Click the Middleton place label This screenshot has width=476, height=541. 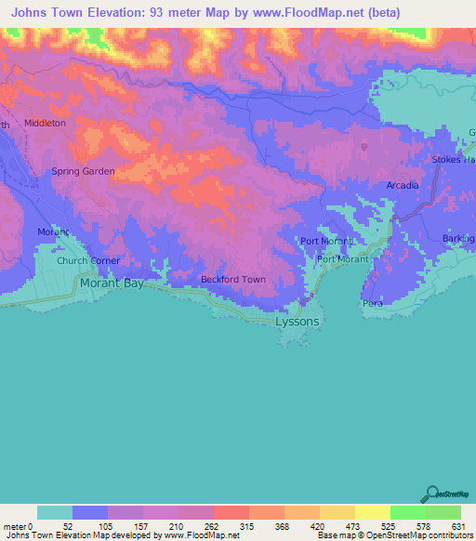pyautogui.click(x=45, y=123)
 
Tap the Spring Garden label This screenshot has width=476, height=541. pyautogui.click(x=83, y=171)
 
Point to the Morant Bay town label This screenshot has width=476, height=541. pyautogui.click(x=112, y=284)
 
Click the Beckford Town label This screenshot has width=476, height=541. pyautogui.click(x=233, y=279)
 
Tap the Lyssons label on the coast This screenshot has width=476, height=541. pyautogui.click(x=297, y=321)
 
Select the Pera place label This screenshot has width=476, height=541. pyautogui.click(x=373, y=304)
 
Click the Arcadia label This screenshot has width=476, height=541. pyautogui.click(x=403, y=186)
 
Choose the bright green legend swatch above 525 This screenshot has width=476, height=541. pyautogui.click(x=407, y=512)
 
